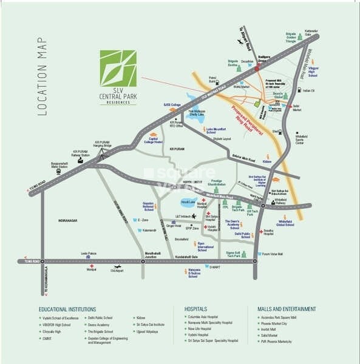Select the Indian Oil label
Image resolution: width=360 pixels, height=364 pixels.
click(308, 91)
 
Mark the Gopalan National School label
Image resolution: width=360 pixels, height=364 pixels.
click(143, 205)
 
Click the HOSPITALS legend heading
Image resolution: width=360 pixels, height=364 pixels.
click(200, 309)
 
